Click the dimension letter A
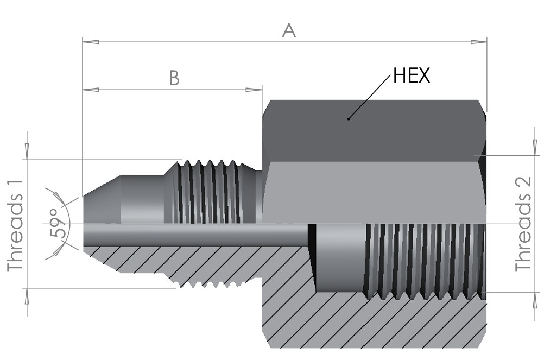289,30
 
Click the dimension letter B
174,78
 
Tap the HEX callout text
411,75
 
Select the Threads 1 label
15,225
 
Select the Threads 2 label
523,224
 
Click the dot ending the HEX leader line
349,119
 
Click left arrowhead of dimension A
91,42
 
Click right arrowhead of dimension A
479,42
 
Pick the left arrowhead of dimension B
91,90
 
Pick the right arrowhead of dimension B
254,90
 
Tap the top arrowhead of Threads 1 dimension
27,151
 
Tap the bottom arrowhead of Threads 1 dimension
27,296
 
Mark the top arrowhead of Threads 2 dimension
534,147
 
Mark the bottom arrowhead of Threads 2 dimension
534,300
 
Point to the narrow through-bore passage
195,235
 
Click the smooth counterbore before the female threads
340,258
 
